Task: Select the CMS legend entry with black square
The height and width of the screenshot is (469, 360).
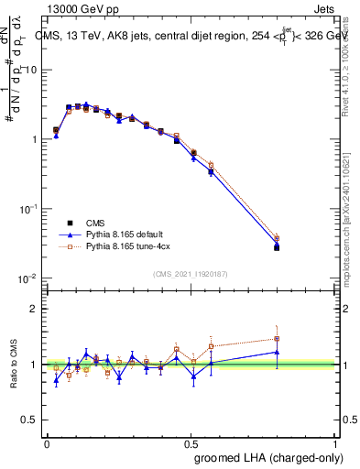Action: click(71, 223)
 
